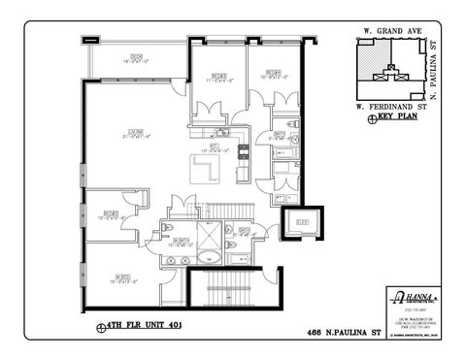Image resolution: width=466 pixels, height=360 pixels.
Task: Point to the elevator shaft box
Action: pos(300,222)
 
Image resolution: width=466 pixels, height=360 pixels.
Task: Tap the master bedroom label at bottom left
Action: pos(122,278)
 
